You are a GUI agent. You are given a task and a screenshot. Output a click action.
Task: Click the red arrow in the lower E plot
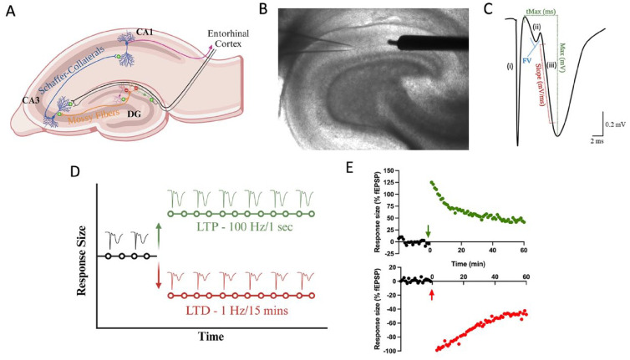tap(431, 293)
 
